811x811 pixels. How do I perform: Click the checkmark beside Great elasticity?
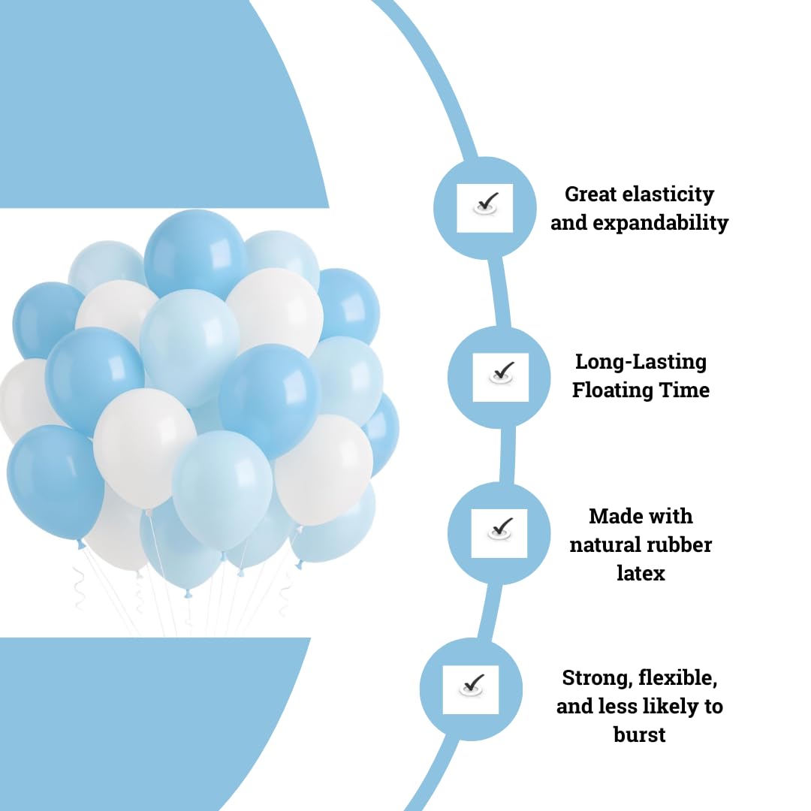pos(486,204)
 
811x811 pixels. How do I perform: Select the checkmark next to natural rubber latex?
pos(500,529)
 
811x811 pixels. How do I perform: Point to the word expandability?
pos(661,224)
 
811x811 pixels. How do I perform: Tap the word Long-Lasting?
pos(641,362)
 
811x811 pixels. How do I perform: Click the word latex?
pos(641,573)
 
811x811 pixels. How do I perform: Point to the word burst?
pos(639,734)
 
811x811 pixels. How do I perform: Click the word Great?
pos(591,194)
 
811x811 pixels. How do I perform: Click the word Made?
pos(611,516)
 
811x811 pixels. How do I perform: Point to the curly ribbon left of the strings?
pos(79,587)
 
